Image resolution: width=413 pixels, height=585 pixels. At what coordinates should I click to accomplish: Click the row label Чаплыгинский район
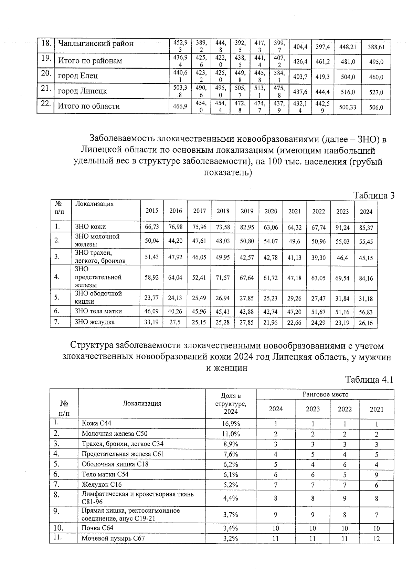tap(96, 44)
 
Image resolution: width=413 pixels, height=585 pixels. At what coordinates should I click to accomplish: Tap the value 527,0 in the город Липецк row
tap(376, 92)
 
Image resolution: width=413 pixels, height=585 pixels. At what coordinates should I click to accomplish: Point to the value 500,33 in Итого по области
tap(348, 107)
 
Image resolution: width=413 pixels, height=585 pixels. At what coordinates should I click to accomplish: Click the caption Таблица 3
tap(374, 195)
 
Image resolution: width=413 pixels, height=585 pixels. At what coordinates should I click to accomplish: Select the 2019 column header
tap(247, 211)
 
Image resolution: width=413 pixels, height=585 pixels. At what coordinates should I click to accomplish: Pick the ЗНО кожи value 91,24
tap(342, 228)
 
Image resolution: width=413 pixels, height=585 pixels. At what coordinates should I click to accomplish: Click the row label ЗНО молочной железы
tap(97, 240)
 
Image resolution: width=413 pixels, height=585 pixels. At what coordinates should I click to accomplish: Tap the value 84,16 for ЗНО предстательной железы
tap(366, 278)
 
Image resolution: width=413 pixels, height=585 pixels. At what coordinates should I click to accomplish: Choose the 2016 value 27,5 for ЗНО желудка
tap(176, 323)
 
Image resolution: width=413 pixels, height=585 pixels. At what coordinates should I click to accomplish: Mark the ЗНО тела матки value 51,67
tap(318, 312)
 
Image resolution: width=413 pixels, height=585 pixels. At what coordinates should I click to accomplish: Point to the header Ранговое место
tap(325, 394)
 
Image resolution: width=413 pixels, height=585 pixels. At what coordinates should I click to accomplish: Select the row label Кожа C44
tap(96, 423)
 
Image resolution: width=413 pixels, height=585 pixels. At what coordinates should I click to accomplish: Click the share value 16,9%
tap(231, 424)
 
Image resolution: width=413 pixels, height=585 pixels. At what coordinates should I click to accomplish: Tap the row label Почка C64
tap(97, 528)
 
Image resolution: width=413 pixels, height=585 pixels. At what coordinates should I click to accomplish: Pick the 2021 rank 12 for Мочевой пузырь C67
tap(377, 538)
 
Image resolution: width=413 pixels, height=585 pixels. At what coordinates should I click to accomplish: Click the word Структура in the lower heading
tap(92, 345)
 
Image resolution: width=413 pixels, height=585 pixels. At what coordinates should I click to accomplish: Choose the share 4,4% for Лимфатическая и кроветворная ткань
tap(231, 498)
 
